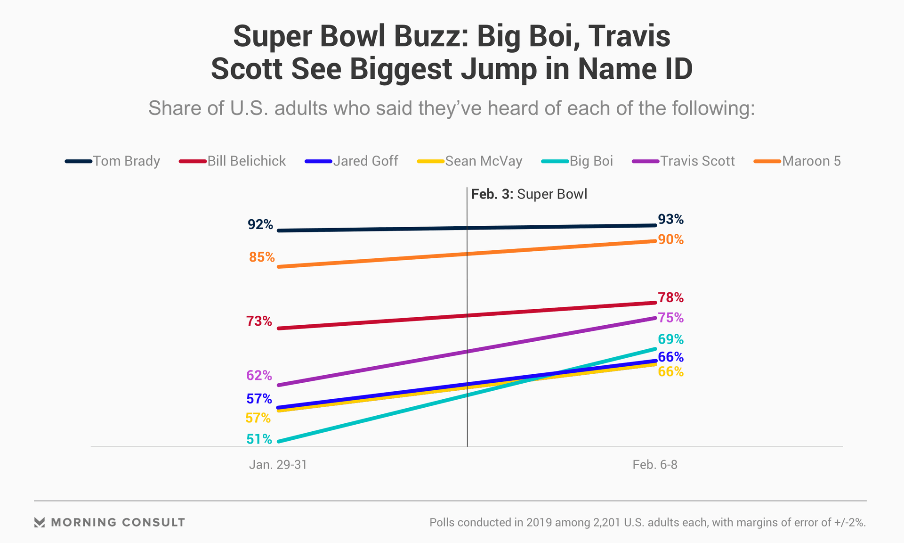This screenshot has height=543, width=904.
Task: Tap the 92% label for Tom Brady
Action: click(x=260, y=225)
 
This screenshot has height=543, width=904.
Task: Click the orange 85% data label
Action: click(x=262, y=257)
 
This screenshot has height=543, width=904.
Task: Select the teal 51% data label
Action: click(x=259, y=439)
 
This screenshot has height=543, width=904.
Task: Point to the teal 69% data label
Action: click(x=670, y=339)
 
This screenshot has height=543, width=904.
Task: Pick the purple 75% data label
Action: click(x=670, y=318)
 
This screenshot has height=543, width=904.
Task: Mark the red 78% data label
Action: click(x=670, y=298)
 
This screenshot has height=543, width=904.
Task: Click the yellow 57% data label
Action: click(x=258, y=418)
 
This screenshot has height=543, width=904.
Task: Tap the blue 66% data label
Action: click(x=670, y=357)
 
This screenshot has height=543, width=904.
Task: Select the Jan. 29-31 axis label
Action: click(x=278, y=465)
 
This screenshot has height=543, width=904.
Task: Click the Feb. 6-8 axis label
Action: click(x=655, y=465)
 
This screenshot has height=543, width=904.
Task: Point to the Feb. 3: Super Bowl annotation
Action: click(x=529, y=195)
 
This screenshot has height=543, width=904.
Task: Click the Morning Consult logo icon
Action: click(x=40, y=522)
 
